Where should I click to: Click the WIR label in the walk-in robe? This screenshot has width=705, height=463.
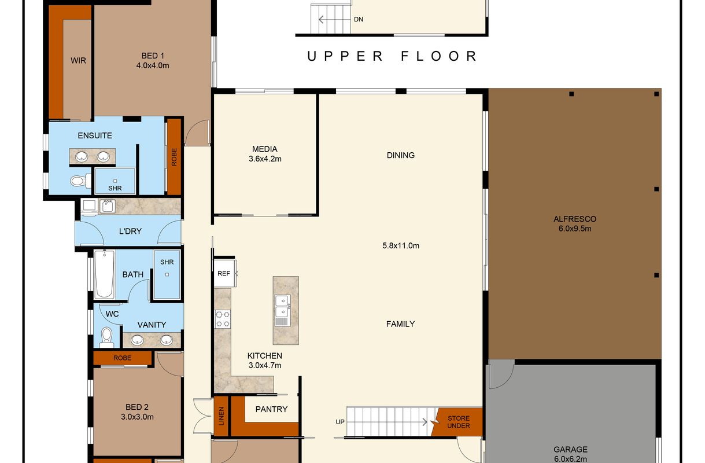coord(78,60)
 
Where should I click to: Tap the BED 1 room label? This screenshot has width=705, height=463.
coord(153,56)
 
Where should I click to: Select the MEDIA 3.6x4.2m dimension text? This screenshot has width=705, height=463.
coord(265,159)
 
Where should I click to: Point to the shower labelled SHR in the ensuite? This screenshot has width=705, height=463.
coord(115,181)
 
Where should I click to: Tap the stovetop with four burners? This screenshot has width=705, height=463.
coord(223,319)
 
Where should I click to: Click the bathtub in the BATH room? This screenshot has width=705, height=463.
coord(105,274)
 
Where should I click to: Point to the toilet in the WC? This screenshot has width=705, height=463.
coord(106,337)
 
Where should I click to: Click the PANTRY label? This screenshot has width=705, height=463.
coord(271,409)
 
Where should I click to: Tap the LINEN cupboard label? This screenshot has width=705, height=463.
coord(222,416)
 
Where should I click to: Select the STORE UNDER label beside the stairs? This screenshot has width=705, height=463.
coord(459,422)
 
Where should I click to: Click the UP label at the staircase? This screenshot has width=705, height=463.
coord(340,422)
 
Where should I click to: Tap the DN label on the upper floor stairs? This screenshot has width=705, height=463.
coord(359,19)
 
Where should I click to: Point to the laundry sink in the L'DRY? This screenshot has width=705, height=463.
coord(108,206)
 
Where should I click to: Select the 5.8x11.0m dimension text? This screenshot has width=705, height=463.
coord(401,245)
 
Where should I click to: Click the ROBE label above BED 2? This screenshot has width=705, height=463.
coord(123,358)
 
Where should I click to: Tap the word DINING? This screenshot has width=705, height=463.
coord(401,155)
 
